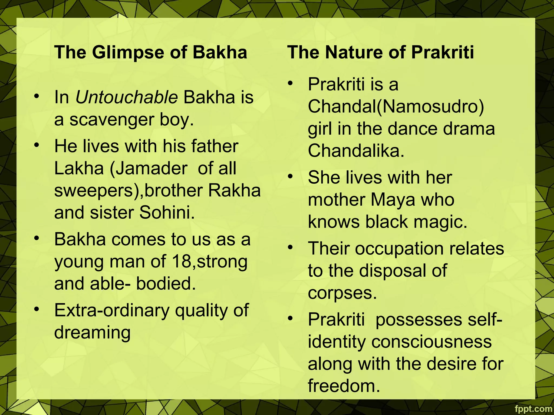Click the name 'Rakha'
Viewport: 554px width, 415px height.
click(x=234, y=190)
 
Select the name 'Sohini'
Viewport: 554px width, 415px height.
click(x=167, y=213)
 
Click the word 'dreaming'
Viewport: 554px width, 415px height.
click(x=92, y=333)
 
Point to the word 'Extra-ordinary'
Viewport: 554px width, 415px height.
click(x=111, y=310)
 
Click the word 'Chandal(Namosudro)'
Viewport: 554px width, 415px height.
click(x=396, y=106)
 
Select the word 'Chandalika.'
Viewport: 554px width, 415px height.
click(x=356, y=151)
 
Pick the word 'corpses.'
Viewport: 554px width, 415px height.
click(x=342, y=293)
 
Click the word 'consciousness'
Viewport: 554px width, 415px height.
click(x=431, y=342)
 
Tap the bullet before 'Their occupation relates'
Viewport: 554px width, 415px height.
click(x=291, y=247)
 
